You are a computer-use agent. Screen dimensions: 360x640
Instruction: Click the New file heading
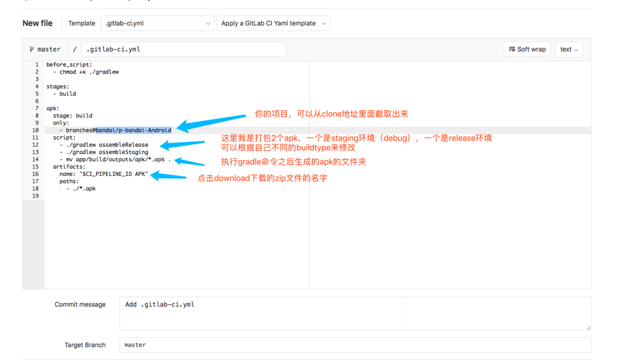tap(37, 23)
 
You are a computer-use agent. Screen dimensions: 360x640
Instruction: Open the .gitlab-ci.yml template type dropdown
tap(157, 23)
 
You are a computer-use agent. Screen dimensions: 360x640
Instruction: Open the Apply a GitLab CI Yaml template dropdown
tap(273, 23)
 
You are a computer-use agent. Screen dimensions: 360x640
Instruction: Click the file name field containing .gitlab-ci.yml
tap(183, 50)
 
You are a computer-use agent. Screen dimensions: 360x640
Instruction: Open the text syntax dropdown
tap(569, 50)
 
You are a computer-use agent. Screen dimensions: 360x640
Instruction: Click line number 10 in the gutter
tap(35, 130)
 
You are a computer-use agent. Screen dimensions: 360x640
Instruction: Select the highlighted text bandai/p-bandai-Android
tap(133, 130)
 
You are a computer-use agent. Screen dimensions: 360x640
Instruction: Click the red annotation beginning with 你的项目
tap(331, 114)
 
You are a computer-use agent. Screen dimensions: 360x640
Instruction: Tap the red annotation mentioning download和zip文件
tap(262, 178)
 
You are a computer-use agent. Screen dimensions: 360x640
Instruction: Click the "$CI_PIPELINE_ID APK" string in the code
tap(114, 174)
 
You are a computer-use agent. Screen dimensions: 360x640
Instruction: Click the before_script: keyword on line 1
tap(69, 64)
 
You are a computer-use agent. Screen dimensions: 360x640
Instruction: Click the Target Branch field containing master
tap(355, 345)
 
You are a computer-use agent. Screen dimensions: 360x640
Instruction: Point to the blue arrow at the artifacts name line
tap(168, 176)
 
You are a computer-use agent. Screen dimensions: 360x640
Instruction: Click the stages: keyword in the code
tap(57, 87)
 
